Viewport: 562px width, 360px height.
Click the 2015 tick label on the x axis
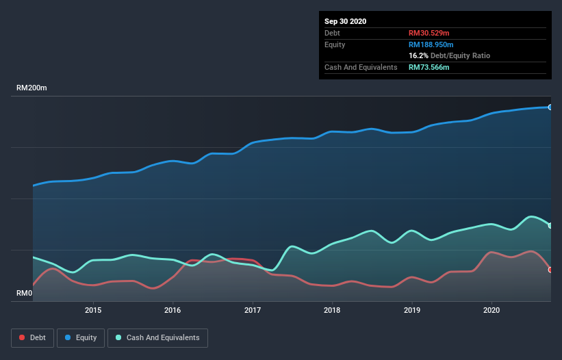tap(93, 310)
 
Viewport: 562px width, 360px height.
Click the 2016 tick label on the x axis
tap(173, 310)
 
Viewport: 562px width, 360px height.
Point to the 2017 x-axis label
tap(253, 310)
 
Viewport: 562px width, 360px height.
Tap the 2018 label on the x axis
tap(332, 310)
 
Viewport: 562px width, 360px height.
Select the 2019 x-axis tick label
tap(412, 310)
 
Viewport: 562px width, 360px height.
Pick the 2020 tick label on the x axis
tap(491, 310)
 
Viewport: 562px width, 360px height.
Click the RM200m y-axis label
tap(31, 88)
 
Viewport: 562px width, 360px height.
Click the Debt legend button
tap(32, 337)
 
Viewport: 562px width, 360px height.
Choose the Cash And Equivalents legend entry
tap(157, 337)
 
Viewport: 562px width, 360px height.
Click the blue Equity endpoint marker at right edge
tap(550, 107)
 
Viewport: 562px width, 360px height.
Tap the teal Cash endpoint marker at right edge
tap(550, 225)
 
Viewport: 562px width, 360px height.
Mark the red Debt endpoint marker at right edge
tap(550, 270)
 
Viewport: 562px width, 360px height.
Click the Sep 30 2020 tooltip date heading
tap(345, 21)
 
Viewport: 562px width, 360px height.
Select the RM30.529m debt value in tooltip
tap(429, 33)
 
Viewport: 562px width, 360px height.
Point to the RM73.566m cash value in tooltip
tap(429, 67)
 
